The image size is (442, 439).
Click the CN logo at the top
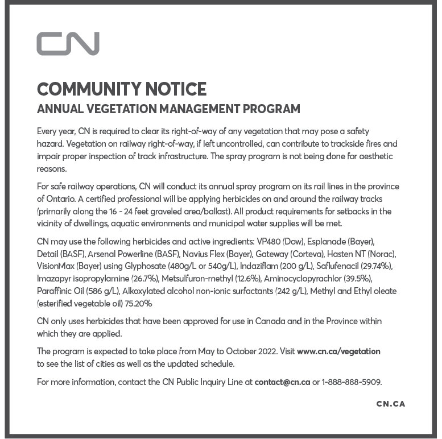68,44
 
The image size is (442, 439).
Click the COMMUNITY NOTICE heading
121,89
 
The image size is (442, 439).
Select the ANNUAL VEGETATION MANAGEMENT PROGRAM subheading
168,108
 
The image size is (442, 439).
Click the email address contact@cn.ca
282,382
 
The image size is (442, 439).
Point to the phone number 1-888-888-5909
352,382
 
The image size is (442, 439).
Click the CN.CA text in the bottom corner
390,404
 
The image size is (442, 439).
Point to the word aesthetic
373,156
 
